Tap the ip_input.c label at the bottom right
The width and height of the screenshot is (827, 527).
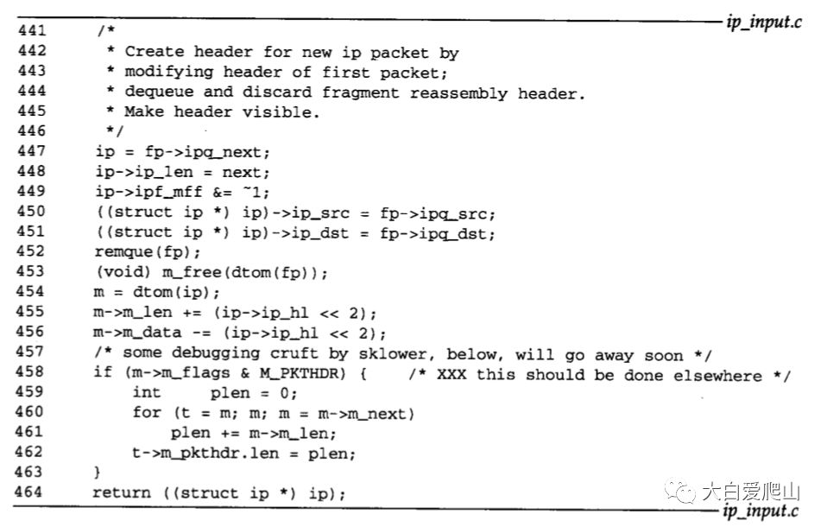pyautogui.click(x=763, y=511)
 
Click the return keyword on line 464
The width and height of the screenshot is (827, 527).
pyautogui.click(x=122, y=492)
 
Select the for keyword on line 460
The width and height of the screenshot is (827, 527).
pyautogui.click(x=147, y=413)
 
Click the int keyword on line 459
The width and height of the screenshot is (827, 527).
pyautogui.click(x=147, y=394)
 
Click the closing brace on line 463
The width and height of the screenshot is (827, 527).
pyautogui.click(x=98, y=473)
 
